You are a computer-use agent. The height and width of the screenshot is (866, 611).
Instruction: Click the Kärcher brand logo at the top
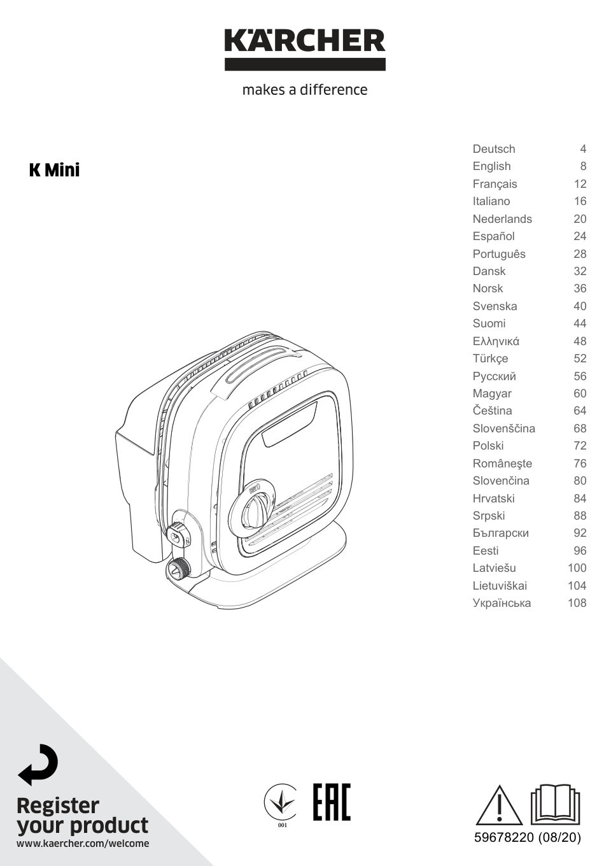coord(305,48)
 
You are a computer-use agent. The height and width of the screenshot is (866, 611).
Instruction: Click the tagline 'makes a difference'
coord(305,90)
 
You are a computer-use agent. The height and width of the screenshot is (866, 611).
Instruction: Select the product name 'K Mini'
coord(55,170)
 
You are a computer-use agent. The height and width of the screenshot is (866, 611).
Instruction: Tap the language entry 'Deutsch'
coord(494,149)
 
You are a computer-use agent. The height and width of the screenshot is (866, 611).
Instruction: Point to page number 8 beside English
coord(582,166)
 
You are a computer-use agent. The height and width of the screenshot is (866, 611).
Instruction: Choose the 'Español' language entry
coord(493,236)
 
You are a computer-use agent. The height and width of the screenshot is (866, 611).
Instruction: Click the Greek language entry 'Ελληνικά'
coord(496,341)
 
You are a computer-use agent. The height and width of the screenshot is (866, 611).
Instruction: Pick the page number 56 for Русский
coord(579,376)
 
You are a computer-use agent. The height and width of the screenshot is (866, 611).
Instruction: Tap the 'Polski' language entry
coord(488,446)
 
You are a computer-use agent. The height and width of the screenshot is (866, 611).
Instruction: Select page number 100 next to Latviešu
coord(577,568)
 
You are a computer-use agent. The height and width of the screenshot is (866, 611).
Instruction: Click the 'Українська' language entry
coord(502,603)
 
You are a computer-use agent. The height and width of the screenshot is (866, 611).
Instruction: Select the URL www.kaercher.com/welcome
coord(83,844)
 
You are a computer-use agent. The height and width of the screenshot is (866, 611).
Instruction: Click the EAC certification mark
coord(331,802)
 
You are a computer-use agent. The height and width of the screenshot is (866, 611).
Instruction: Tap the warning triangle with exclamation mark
coord(499,806)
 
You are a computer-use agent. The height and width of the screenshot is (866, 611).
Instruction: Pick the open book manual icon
coord(556,804)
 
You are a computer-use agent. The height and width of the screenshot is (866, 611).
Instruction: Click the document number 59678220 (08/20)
coord(527,838)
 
